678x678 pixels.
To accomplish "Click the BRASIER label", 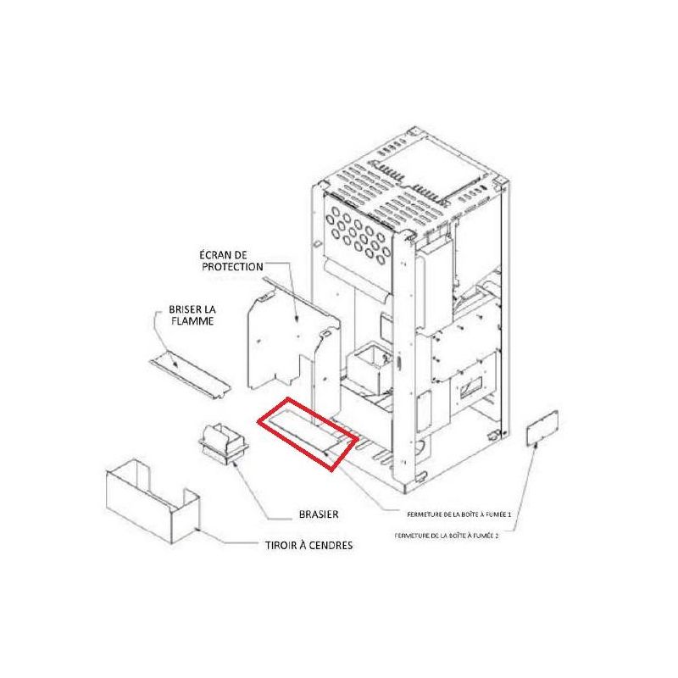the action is [319, 514].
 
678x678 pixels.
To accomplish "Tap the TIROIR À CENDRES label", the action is [308, 545].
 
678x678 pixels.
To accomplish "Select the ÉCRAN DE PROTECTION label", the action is [232, 261].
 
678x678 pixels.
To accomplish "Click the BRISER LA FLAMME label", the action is [192, 315].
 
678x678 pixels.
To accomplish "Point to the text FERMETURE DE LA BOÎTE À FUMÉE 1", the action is [459, 514].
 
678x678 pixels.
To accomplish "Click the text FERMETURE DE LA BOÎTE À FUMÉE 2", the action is [447, 536].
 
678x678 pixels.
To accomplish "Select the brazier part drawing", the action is [224, 443].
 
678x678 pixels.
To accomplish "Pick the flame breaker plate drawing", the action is [190, 374].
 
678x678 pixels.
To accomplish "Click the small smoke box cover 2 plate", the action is [542, 428].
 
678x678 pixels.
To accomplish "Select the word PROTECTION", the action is [232, 267].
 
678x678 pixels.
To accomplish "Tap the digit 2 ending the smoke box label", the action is [497, 536].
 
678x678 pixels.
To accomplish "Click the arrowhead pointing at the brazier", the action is [234, 464].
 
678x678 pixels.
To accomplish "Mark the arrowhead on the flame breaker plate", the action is [175, 364].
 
